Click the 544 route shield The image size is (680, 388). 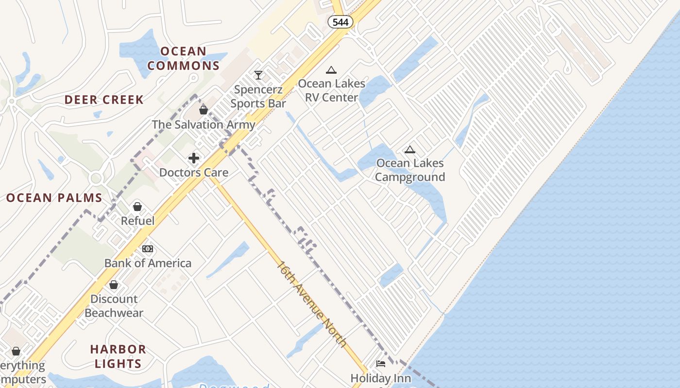tap(340, 22)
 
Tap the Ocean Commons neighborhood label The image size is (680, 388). tap(184, 58)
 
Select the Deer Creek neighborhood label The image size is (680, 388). tap(104, 100)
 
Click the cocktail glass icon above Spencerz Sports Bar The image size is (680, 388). tap(258, 75)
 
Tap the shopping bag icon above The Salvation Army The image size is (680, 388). tap(204, 110)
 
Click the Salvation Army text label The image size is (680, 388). tap(204, 125)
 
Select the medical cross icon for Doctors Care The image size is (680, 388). tap(194, 158)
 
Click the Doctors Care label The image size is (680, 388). tap(194, 173)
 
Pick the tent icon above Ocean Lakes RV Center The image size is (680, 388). tap(331, 70)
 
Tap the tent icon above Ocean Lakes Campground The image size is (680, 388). tap(410, 149)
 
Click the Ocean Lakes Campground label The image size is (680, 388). tap(410, 170)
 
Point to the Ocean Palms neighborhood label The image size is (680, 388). tap(54, 198)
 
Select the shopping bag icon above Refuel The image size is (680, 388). tap(137, 207)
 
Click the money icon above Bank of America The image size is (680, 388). tap(148, 249)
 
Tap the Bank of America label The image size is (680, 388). tap(148, 263)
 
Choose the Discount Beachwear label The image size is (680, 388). tap(114, 306)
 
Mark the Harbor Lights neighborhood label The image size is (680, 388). tap(118, 356)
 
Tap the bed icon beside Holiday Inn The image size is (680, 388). tap(381, 363)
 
